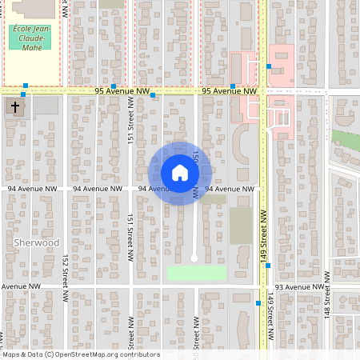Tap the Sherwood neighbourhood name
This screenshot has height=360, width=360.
37,242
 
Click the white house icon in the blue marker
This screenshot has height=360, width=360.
180,173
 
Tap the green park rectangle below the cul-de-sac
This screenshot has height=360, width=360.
197,274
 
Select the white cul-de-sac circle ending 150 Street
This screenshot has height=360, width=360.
194,258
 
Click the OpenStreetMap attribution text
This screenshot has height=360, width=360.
80,354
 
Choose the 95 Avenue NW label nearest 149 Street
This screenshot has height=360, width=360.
229,91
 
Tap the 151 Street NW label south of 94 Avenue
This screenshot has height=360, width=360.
130,232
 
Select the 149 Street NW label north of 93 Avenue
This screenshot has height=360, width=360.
262,229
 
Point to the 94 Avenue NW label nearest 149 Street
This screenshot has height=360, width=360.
230,189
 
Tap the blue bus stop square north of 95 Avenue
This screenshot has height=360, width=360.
269,66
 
